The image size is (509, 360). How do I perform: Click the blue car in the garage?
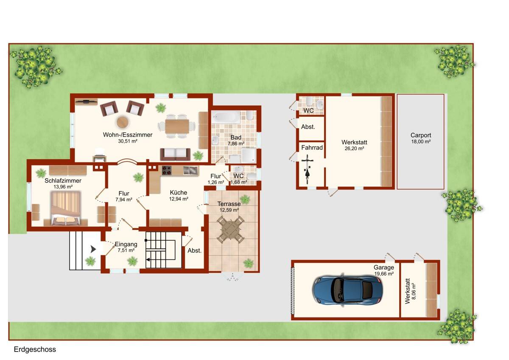pos(347,291)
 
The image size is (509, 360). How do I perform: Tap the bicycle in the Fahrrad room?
pos(307,169)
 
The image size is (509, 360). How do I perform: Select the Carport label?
pos(421,135)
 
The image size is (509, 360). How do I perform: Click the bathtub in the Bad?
pos(227,117)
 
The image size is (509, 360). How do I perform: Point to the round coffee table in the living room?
pos(123,122)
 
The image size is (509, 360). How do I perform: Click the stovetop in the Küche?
pos(167,170)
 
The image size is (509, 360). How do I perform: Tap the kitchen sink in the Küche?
pos(190,170)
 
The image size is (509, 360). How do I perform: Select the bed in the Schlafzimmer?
pos(66,208)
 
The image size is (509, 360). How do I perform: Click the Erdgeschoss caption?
pos(35,349)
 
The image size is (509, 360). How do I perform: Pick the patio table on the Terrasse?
pos(230,230)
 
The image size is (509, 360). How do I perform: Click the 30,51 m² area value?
pos(128,141)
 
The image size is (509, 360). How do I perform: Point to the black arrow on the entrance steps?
pos(93,249)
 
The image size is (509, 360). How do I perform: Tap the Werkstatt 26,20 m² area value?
pos(354,149)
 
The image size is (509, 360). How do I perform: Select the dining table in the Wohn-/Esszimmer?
pos(177,126)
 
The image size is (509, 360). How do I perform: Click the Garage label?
pos(384,267)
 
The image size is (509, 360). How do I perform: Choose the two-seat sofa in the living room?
pos(175,154)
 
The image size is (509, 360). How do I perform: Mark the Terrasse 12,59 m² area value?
pos(229,210)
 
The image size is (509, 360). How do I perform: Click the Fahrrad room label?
pos(312,148)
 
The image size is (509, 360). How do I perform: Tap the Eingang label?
pos(126,244)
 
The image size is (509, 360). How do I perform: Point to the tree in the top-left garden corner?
pos(36,67)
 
